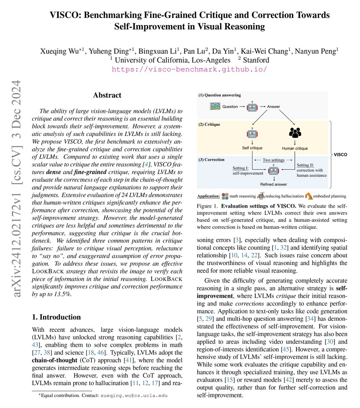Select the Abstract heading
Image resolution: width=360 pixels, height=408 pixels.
pos(107,95)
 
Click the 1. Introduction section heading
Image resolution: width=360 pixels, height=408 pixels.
pos(56,317)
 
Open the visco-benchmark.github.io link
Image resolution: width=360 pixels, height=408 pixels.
pos(190,69)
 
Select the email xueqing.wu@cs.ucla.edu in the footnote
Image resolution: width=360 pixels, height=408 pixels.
pos(134,395)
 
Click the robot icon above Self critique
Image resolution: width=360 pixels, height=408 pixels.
pos(252,133)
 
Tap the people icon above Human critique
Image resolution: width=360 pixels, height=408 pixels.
pos(295,133)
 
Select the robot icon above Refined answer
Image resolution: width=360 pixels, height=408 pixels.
pos(273,170)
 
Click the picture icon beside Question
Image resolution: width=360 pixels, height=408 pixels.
pos(215,106)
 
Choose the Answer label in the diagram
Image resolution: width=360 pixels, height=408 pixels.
pos(273,106)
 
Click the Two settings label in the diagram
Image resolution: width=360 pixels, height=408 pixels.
pos(273,160)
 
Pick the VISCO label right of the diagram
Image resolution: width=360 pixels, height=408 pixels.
pos(340,154)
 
